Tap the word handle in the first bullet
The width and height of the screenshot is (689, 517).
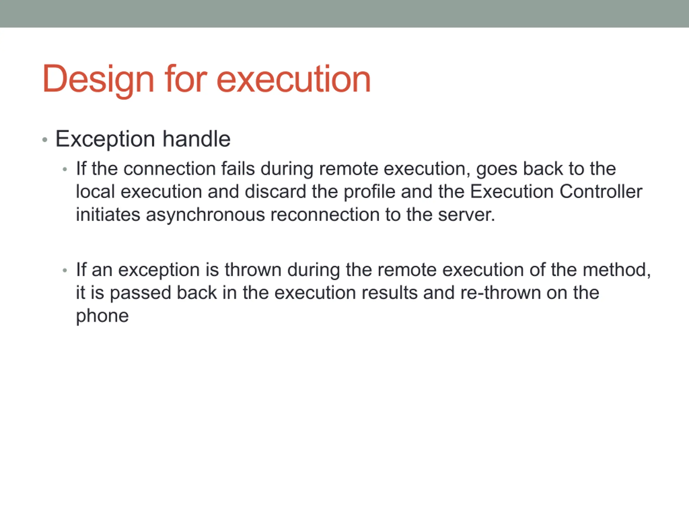196,139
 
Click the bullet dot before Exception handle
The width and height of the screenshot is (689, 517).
45,140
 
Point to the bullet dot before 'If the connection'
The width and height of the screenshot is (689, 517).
65,170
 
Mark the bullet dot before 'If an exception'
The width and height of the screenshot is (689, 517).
65,271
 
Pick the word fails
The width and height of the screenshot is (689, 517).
238,169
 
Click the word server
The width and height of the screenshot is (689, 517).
466,215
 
